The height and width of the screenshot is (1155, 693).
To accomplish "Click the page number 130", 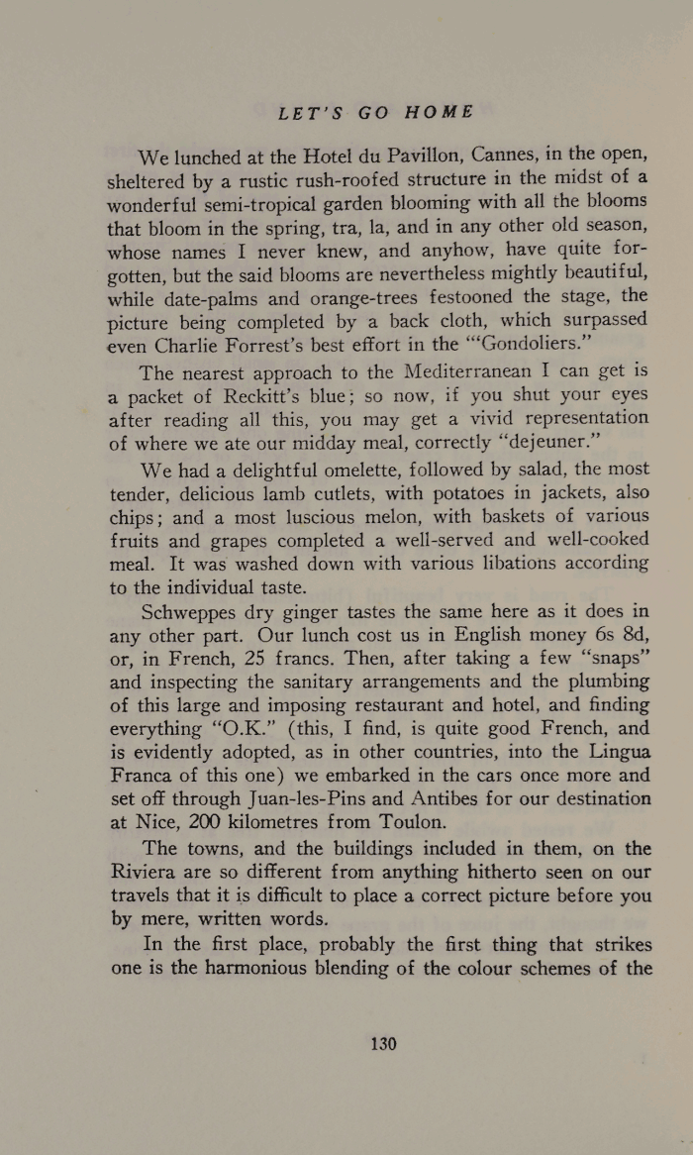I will tap(382, 1043).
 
